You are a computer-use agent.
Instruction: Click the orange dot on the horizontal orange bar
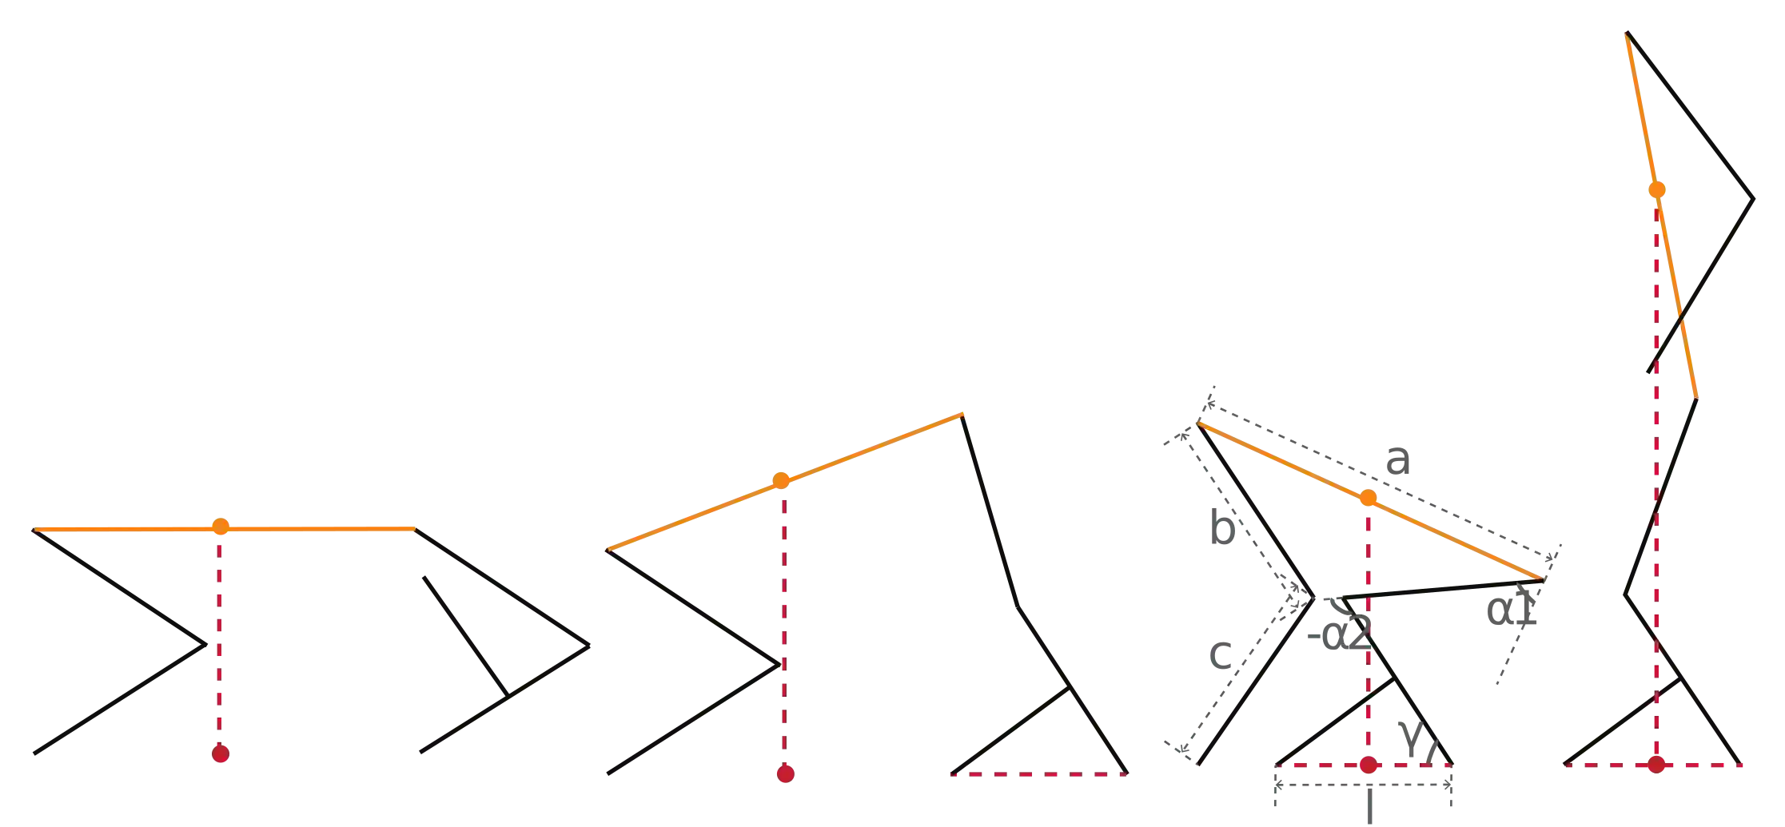pyautogui.click(x=221, y=527)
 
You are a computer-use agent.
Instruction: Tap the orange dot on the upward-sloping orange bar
pyautogui.click(x=780, y=481)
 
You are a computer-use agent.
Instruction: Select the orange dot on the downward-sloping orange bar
pyautogui.click(x=1369, y=499)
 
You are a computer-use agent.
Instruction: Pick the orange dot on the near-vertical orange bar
pyautogui.click(x=1657, y=189)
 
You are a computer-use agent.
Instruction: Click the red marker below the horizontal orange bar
pyautogui.click(x=221, y=754)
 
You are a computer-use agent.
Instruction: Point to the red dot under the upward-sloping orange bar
pyautogui.click(x=786, y=773)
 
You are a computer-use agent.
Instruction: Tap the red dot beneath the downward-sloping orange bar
pyautogui.click(x=1369, y=765)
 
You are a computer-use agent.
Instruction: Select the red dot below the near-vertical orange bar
pyautogui.click(x=1656, y=765)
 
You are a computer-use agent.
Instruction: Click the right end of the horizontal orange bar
pyautogui.click(x=412, y=528)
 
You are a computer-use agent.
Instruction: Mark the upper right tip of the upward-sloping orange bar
pyautogui.click(x=962, y=414)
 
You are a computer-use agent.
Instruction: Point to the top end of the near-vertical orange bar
pyautogui.click(x=1625, y=36)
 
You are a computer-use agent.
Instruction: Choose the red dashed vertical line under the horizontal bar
pyautogui.click(x=217, y=639)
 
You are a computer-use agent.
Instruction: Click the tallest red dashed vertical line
pyautogui.click(x=1655, y=479)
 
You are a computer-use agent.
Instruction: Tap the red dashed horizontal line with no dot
pyautogui.click(x=1039, y=773)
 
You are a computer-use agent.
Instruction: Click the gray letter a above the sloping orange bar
pyautogui.click(x=1400, y=461)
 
